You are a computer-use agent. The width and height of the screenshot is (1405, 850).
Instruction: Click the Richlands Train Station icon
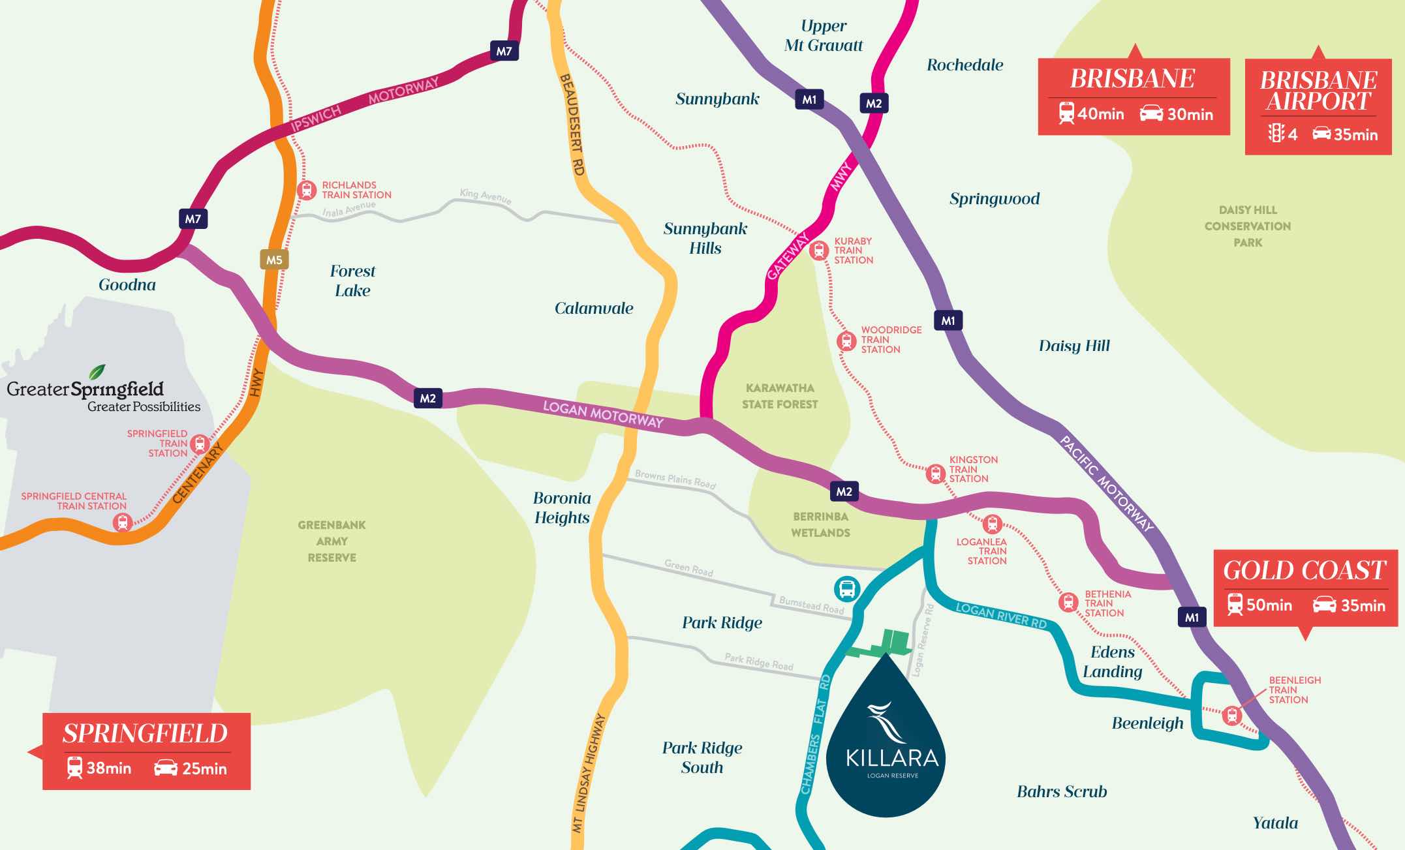click(306, 190)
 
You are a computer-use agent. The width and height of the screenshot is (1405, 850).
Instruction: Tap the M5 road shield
click(274, 260)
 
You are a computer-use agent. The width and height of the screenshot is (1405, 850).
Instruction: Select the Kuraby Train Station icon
click(818, 250)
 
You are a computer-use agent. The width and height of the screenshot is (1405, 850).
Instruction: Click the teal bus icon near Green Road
click(847, 589)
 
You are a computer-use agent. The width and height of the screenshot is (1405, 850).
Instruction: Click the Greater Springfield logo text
click(85, 389)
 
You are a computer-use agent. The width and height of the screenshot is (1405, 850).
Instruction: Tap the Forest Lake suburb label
click(352, 281)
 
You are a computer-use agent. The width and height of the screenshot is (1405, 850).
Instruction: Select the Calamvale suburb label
click(593, 308)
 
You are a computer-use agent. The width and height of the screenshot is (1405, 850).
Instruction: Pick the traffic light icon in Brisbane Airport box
click(1276, 133)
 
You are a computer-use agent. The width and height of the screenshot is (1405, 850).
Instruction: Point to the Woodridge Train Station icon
click(846, 340)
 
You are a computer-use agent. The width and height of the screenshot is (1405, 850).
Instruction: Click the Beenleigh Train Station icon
click(1231, 715)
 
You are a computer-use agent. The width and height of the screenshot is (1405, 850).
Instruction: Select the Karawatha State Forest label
click(780, 396)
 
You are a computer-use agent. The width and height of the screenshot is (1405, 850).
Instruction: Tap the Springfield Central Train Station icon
click(123, 522)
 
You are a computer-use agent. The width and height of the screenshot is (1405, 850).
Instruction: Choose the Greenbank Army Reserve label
click(332, 541)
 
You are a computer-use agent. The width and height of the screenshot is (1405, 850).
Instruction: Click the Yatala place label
click(1275, 823)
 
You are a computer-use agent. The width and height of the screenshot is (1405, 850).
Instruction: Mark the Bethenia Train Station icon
click(1068, 601)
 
